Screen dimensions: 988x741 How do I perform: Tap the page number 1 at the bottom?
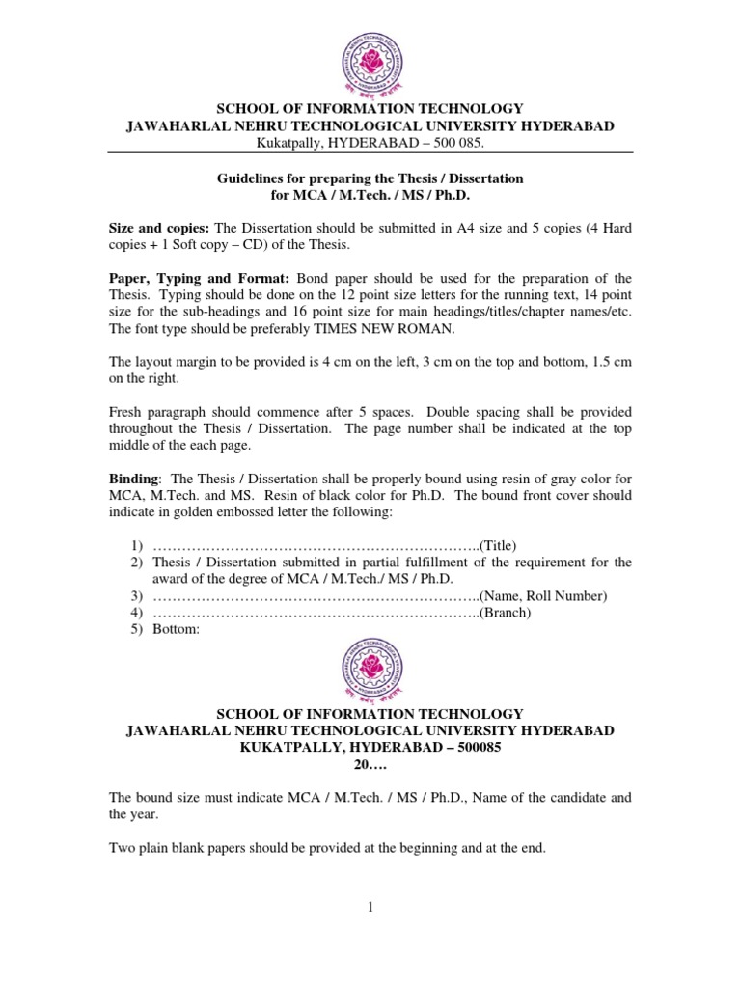(x=370, y=906)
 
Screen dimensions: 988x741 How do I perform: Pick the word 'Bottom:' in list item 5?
(x=176, y=630)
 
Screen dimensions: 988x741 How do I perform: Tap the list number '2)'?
(x=136, y=562)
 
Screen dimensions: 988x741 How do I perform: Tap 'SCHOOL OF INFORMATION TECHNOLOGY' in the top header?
(x=370, y=109)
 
